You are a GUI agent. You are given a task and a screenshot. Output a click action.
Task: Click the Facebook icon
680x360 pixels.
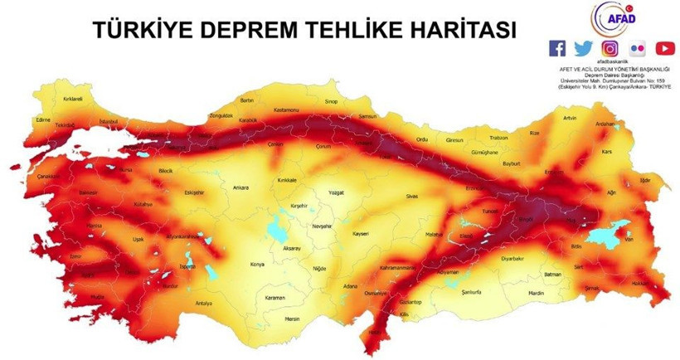(x=558, y=48)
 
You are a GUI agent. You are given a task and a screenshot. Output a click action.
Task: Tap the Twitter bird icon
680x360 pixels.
(x=584, y=48)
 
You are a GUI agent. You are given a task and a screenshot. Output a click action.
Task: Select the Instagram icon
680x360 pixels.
(x=610, y=48)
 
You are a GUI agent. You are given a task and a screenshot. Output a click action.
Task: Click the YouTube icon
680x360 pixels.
(x=665, y=48)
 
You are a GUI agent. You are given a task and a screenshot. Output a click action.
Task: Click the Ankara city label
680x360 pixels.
(x=241, y=187)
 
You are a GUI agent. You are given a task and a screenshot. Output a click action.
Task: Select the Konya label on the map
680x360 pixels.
(x=257, y=265)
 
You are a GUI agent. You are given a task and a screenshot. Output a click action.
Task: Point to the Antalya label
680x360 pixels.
(x=204, y=303)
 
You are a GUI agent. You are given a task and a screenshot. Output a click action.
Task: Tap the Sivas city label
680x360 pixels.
(x=411, y=196)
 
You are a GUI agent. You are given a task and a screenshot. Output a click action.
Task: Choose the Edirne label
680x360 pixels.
(x=33, y=119)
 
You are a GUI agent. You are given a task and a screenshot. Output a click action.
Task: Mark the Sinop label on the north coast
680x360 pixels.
(x=332, y=101)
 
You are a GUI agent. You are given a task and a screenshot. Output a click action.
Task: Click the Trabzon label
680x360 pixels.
(x=498, y=138)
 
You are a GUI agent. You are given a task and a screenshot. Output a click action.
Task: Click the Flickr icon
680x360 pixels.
(x=638, y=48)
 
